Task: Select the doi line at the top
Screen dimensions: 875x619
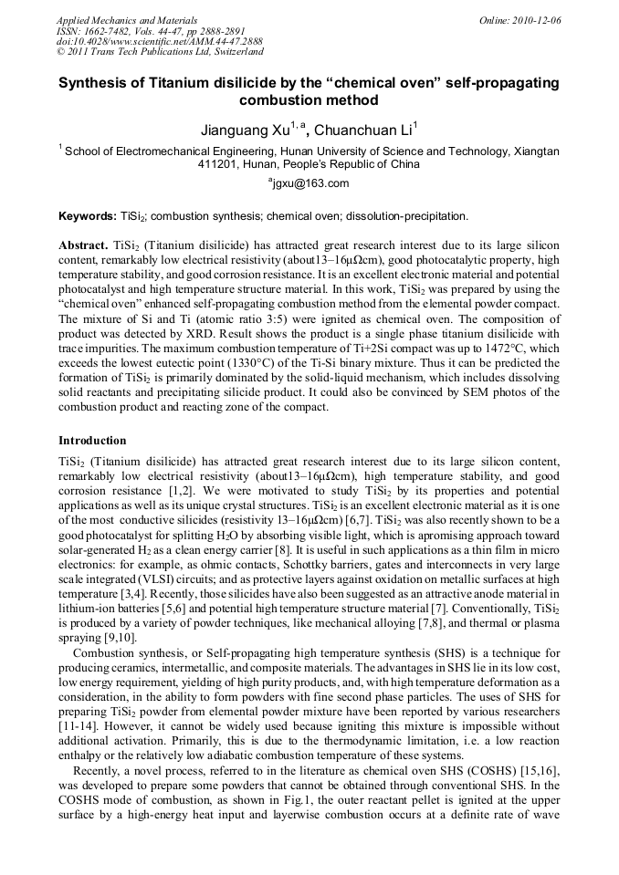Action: pyautogui.click(x=160, y=42)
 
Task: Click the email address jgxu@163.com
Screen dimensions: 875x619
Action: pyautogui.click(x=309, y=184)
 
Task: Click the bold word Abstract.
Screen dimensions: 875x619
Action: pyautogui.click(x=83, y=247)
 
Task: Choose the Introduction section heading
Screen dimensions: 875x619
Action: pyautogui.click(x=92, y=441)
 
